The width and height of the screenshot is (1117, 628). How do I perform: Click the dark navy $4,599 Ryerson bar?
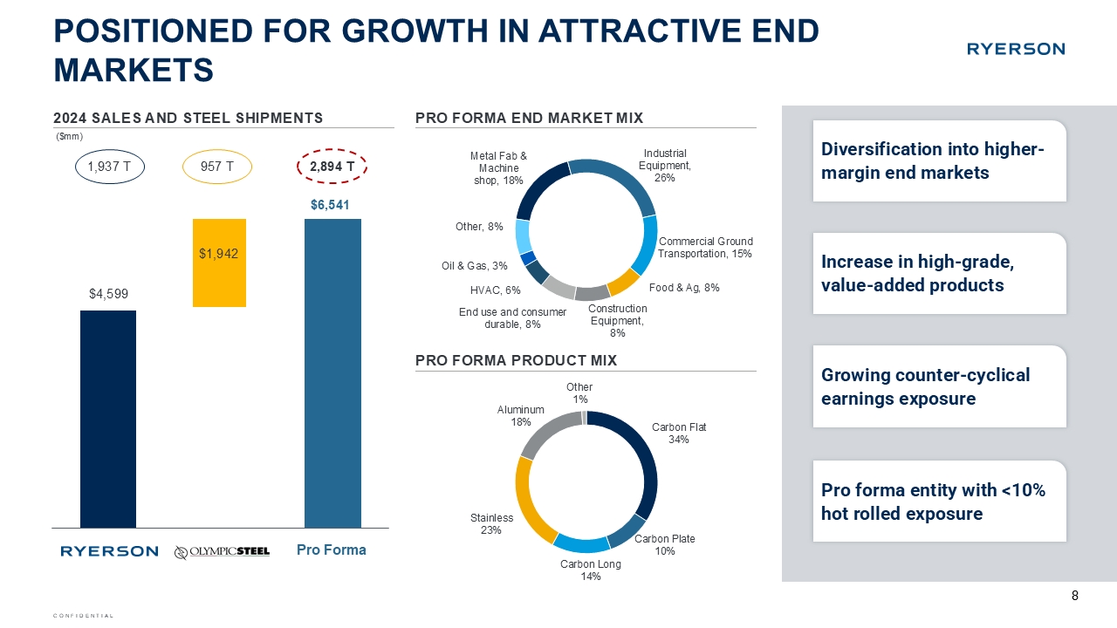[107, 419]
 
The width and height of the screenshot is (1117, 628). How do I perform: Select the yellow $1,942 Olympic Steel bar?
[220, 263]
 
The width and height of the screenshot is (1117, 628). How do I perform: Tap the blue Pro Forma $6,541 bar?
[332, 372]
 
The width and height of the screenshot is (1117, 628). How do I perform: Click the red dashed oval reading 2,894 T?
[332, 165]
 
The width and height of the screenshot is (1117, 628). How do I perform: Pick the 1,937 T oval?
[109, 165]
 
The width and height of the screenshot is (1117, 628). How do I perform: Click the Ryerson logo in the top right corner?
[1015, 49]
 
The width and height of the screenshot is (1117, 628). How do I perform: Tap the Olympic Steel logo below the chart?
[222, 551]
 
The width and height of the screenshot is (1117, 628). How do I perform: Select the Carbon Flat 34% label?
[679, 433]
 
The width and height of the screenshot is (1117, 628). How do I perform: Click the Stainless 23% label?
[490, 523]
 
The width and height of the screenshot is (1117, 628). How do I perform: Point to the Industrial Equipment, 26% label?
[665, 165]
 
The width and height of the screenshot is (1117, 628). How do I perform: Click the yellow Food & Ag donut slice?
[623, 282]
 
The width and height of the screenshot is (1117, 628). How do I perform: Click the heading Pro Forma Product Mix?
[516, 360]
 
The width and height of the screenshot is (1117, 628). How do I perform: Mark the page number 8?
[1074, 596]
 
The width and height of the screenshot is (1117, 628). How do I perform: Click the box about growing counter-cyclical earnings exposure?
[939, 386]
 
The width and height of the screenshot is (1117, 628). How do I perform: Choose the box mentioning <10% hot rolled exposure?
[939, 502]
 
